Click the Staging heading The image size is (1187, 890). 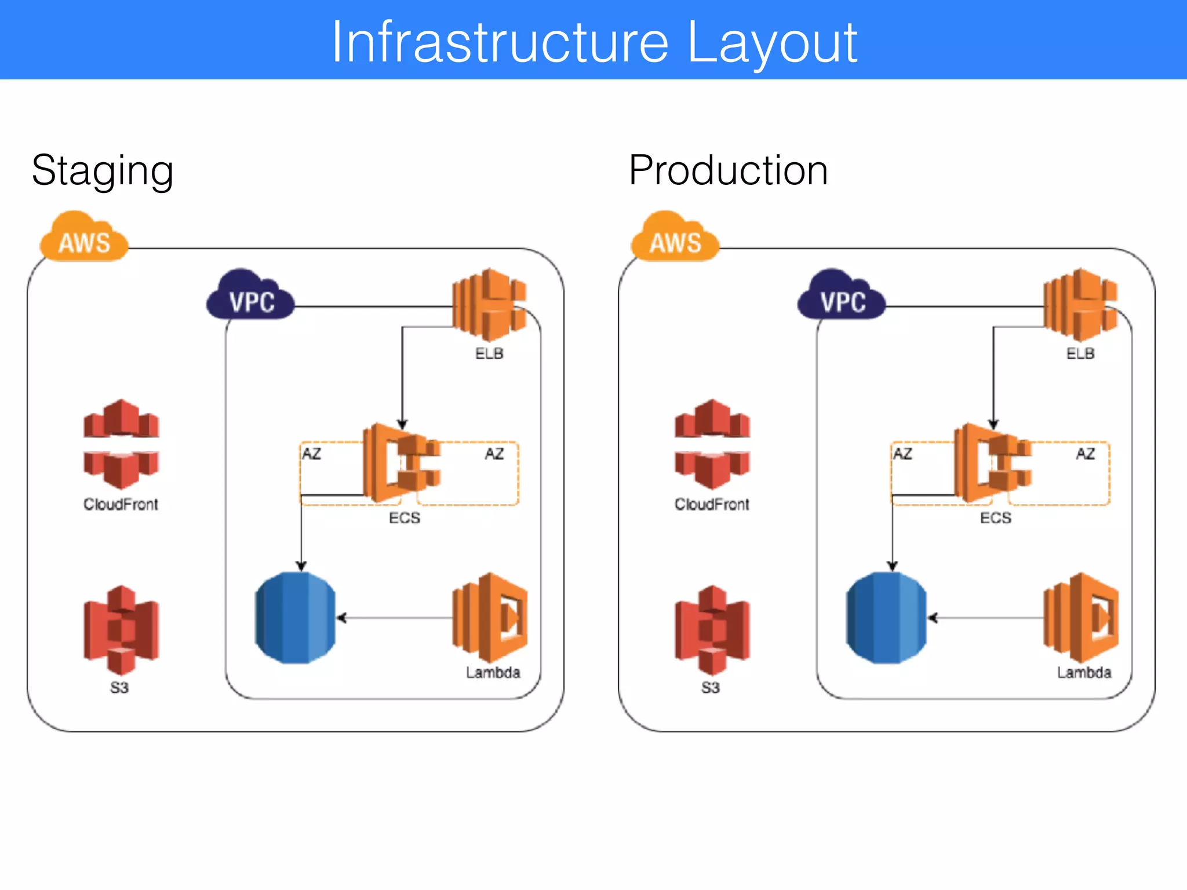tap(103, 172)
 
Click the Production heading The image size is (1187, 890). tap(728, 170)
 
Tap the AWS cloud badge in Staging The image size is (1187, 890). tap(85, 239)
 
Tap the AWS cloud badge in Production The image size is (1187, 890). tap(675, 239)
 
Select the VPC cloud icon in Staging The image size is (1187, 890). tap(251, 297)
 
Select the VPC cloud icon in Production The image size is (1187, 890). tap(842, 297)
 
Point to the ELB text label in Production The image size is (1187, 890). tap(1080, 353)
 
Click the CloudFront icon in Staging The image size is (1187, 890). tap(121, 444)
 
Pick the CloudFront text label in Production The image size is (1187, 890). tap(712, 504)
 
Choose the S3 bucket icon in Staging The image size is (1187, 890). tap(121, 630)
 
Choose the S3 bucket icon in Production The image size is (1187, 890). tap(712, 630)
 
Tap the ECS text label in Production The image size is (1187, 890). tap(996, 517)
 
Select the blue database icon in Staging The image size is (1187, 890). tap(295, 618)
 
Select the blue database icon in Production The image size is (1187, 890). tap(886, 618)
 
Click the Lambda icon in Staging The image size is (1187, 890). tap(490, 618)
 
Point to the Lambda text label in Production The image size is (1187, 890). tap(1084, 672)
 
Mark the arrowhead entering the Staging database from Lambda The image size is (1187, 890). tap(341, 618)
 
